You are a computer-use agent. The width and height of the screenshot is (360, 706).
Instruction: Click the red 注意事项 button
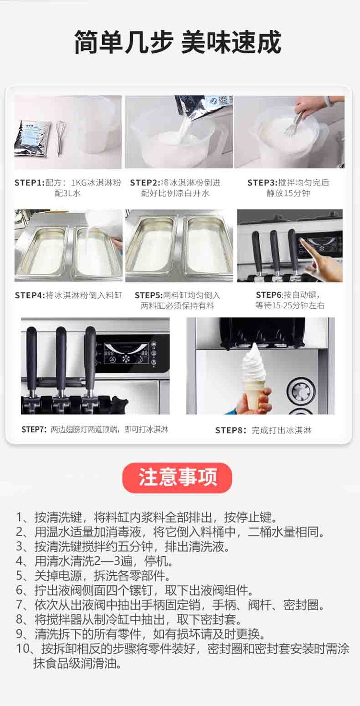click(177, 477)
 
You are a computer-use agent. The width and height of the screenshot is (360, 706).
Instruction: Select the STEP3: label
click(263, 183)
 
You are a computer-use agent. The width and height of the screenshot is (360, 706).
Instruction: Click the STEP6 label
click(269, 295)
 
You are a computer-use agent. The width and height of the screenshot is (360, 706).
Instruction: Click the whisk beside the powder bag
click(59, 138)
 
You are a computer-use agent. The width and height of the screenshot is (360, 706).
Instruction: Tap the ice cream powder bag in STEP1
click(33, 139)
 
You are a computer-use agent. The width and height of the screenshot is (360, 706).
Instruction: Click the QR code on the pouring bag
click(223, 100)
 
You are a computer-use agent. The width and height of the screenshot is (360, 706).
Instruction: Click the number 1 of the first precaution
click(19, 518)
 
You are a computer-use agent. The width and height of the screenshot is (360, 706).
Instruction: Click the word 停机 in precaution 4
click(156, 561)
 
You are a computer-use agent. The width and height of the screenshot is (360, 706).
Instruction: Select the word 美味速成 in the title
click(231, 43)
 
